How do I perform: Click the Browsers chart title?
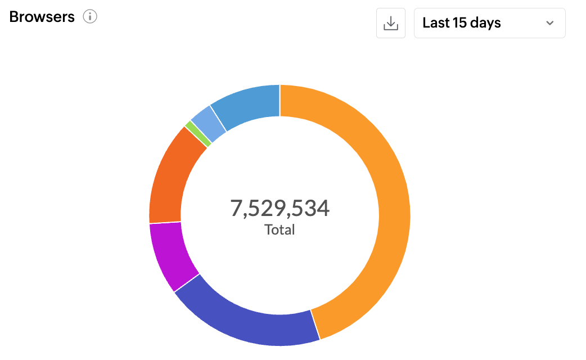[x=42, y=17]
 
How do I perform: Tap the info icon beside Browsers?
[x=90, y=17]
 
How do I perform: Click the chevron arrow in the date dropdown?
[x=550, y=23]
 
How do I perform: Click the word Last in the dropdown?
[x=435, y=23]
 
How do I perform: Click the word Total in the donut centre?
[x=280, y=229]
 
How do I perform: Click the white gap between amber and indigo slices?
[x=315, y=325]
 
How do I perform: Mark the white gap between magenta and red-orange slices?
[x=165, y=223]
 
